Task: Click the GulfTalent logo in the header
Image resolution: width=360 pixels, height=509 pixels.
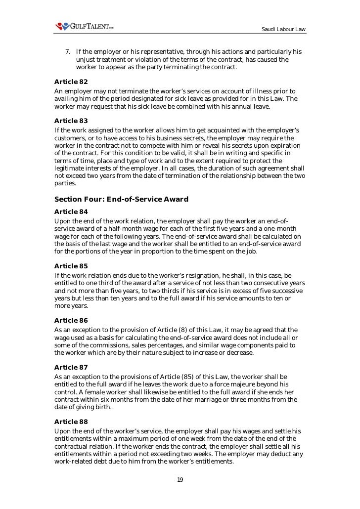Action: tap(85, 26)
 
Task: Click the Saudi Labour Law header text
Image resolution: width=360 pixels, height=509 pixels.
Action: tap(283, 30)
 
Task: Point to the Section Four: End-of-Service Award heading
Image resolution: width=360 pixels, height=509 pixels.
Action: tap(121, 199)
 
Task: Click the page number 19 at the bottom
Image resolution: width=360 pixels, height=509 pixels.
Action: tap(180, 479)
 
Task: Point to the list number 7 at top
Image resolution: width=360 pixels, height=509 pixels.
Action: tap(68, 52)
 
